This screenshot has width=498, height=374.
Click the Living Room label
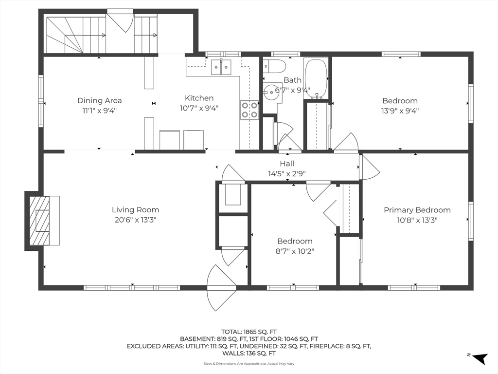[x=135, y=210]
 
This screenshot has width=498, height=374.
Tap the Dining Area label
[x=99, y=100]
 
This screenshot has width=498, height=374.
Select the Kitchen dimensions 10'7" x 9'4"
[x=199, y=108]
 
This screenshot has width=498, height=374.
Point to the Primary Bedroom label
[x=417, y=210]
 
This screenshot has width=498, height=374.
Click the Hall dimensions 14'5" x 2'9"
[x=287, y=174]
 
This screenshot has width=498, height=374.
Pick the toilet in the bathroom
[x=275, y=66]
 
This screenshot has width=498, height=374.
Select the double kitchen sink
[x=221, y=67]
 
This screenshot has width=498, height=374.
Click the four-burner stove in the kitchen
[x=249, y=110]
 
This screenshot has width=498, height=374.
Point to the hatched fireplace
[x=39, y=221]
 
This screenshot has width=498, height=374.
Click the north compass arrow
[x=480, y=358]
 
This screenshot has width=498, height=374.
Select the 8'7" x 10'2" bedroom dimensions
[x=295, y=251]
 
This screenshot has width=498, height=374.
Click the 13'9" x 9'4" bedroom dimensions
[x=400, y=111]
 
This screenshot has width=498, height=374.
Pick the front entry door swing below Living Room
[x=221, y=287]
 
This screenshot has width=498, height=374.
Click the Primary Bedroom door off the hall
[x=369, y=168]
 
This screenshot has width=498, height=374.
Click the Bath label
[x=292, y=80]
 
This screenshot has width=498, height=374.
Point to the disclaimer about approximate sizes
[x=249, y=363]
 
